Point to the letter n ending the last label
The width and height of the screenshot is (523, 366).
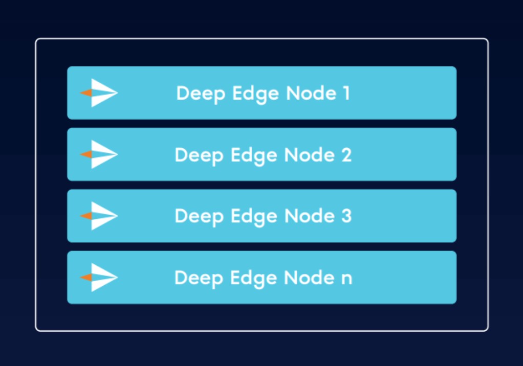[x=346, y=279]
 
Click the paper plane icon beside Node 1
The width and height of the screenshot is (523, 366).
[x=100, y=93]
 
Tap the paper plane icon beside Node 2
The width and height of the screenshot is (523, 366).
[x=100, y=154]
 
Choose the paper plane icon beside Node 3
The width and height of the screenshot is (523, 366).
[x=100, y=216]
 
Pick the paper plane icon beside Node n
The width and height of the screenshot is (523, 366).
[x=100, y=277]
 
